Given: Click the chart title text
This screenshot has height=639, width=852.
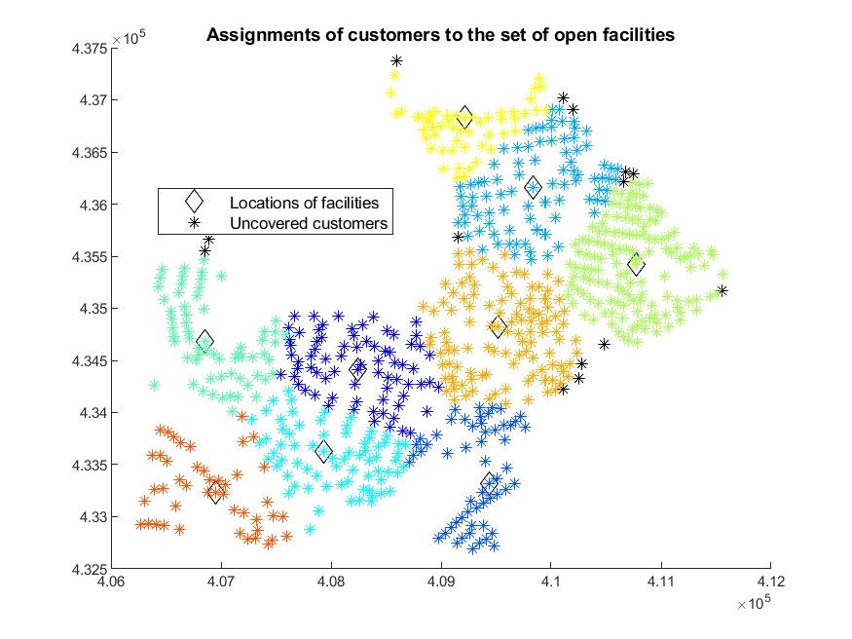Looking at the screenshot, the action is click(440, 35).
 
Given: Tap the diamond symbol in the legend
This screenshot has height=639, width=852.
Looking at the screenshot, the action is click(194, 201).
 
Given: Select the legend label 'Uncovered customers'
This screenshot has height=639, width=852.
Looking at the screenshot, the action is click(309, 223).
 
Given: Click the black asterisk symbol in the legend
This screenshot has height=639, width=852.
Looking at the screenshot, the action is click(194, 223).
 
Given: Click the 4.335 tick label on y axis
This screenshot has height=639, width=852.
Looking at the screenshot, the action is click(90, 465).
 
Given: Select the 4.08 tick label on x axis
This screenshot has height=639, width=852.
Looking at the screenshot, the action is click(331, 582).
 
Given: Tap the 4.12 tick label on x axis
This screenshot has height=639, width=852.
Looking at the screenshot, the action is click(770, 582).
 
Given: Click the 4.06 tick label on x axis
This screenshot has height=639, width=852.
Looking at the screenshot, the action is click(112, 582).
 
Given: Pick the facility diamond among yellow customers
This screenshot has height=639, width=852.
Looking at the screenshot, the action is click(464, 117).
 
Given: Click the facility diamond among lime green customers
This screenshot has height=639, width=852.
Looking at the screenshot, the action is click(636, 265).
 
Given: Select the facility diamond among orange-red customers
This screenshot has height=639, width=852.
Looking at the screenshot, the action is click(216, 492).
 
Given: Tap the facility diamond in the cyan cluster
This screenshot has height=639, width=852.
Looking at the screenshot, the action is click(324, 451).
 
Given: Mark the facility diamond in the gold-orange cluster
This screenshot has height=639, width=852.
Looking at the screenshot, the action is click(499, 326).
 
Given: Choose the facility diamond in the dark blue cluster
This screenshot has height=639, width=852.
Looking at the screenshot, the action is click(357, 370).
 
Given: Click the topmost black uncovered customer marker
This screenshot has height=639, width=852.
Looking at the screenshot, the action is click(397, 60).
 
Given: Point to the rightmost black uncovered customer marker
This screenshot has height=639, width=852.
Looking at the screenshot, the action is click(722, 291).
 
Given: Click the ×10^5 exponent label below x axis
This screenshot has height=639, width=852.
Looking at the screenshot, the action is click(754, 603).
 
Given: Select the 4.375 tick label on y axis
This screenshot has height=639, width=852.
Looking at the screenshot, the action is click(90, 49).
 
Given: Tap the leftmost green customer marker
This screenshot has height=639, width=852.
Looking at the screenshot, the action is click(154, 385).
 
